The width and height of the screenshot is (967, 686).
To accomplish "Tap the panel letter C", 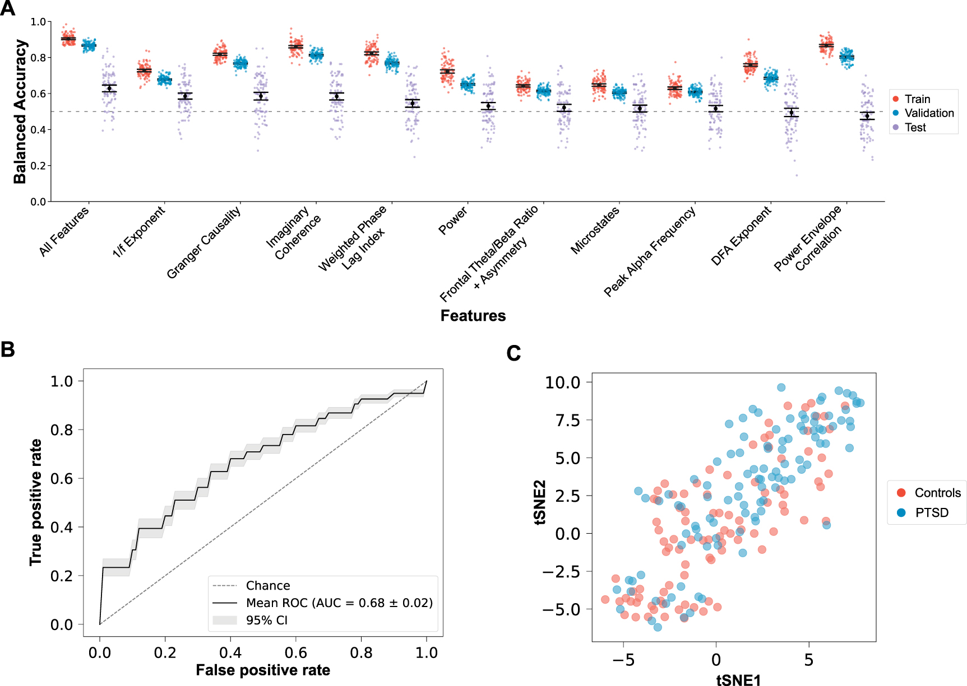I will (x=513, y=353).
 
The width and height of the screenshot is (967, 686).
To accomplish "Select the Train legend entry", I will (x=917, y=99).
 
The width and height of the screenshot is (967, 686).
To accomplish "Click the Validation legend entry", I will (x=928, y=113).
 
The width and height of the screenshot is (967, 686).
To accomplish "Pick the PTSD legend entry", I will (x=931, y=513).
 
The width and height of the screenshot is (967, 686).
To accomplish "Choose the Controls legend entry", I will (x=937, y=493).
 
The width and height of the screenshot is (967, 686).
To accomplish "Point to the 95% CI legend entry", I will (x=266, y=620).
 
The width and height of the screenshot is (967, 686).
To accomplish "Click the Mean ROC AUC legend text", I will (x=339, y=603).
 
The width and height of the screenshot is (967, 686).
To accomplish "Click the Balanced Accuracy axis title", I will (x=20, y=111).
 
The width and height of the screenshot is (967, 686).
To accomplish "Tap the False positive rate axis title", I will (x=262, y=670).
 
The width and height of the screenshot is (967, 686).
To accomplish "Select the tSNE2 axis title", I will (x=540, y=502).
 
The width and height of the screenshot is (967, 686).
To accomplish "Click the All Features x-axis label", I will (x=64, y=231).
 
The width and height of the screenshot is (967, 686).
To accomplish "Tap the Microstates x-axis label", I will (x=595, y=230).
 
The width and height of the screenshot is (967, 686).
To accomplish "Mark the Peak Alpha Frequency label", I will (x=649, y=251).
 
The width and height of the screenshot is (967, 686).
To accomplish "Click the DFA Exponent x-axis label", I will (x=741, y=235).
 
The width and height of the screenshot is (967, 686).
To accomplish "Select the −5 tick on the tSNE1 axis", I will (x=623, y=660).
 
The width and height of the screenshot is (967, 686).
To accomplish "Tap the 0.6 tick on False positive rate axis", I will (x=295, y=653).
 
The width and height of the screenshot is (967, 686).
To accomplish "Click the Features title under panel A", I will (x=473, y=316).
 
